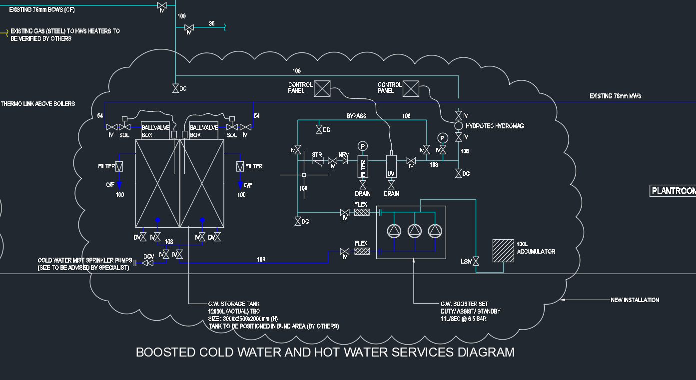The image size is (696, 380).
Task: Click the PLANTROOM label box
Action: click(x=673, y=191)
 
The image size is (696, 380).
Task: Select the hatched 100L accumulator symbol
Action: click(x=503, y=250)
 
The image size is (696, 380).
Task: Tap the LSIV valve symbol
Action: click(x=476, y=261)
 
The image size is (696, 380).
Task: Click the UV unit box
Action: click(x=391, y=167)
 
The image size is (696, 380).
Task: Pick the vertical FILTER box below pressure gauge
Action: click(x=363, y=167)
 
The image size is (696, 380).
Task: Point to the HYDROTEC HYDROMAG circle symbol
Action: click(x=458, y=126)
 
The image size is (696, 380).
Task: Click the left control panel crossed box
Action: click(x=322, y=88)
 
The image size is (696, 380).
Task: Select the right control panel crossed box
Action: click(x=411, y=88)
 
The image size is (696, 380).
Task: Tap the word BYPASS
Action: click(x=356, y=116)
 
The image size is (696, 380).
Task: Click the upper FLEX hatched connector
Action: click(x=362, y=212)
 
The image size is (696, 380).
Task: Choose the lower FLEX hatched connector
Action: click(x=362, y=251)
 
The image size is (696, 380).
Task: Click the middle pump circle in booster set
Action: click(x=415, y=230)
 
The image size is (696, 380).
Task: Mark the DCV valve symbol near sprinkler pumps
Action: click(x=148, y=263)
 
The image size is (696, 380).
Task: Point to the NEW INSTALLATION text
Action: click(x=635, y=300)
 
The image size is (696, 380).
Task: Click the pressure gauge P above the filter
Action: click(x=363, y=146)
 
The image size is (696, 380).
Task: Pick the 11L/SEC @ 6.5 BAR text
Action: click(x=463, y=319)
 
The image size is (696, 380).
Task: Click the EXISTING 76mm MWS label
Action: click(x=615, y=96)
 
